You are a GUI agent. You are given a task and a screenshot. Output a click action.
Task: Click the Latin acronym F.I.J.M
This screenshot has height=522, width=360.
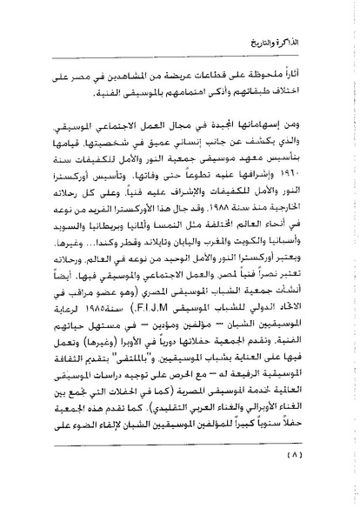pos(177,356)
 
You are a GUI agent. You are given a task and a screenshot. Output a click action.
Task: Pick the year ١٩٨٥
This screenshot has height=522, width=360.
pos(127,356)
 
